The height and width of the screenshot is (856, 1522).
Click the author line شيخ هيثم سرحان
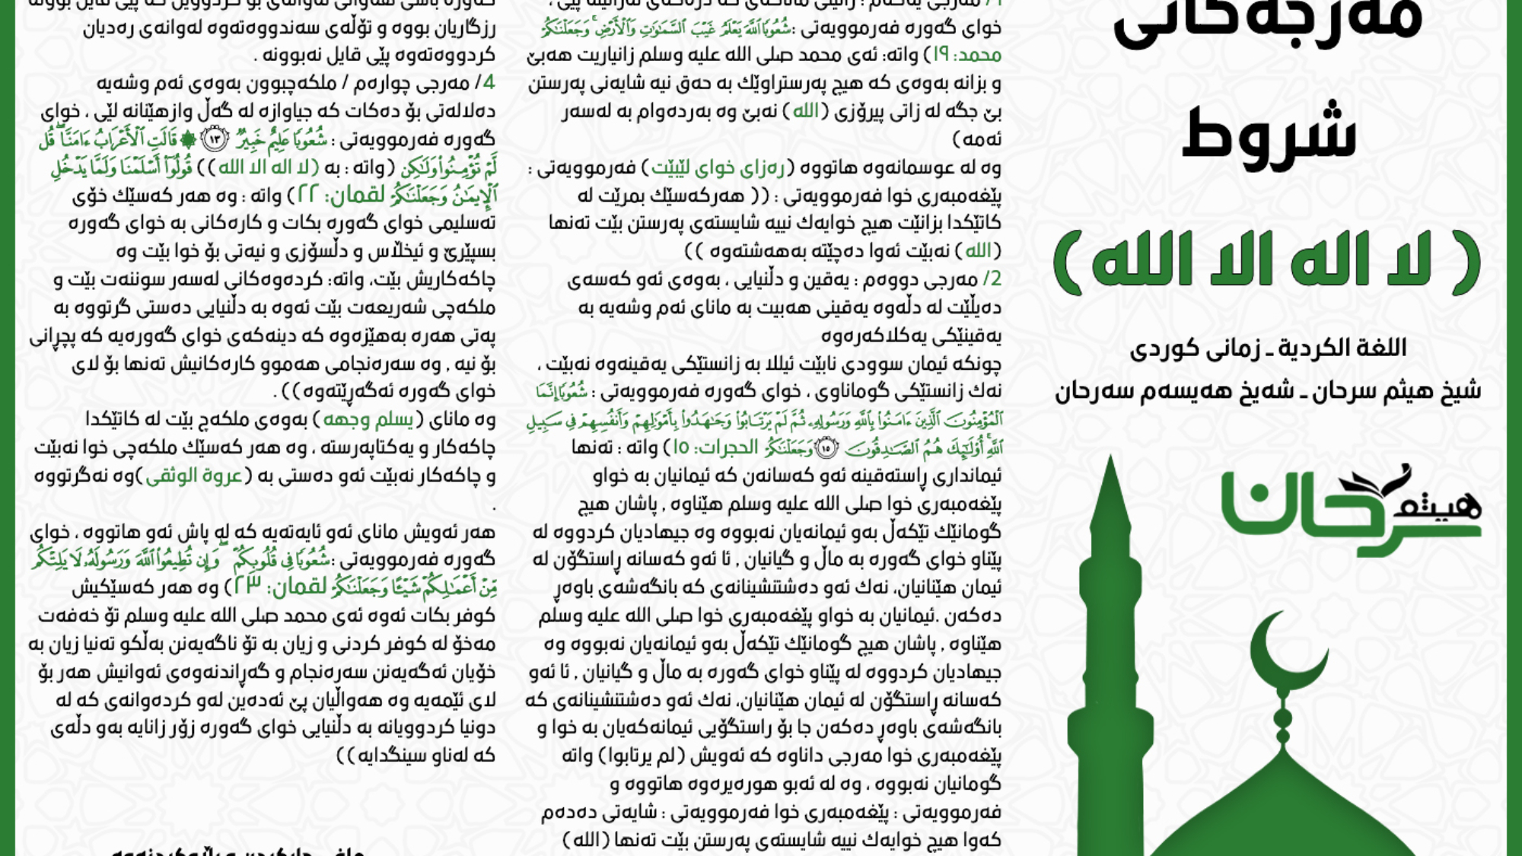(1268, 391)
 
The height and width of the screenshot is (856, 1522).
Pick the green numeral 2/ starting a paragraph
(992, 279)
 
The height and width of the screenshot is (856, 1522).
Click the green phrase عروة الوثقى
(193, 476)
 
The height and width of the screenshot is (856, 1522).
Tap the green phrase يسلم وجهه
(368, 420)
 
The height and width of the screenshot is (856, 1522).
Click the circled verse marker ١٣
(215, 140)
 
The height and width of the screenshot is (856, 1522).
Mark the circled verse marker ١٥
(826, 448)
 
